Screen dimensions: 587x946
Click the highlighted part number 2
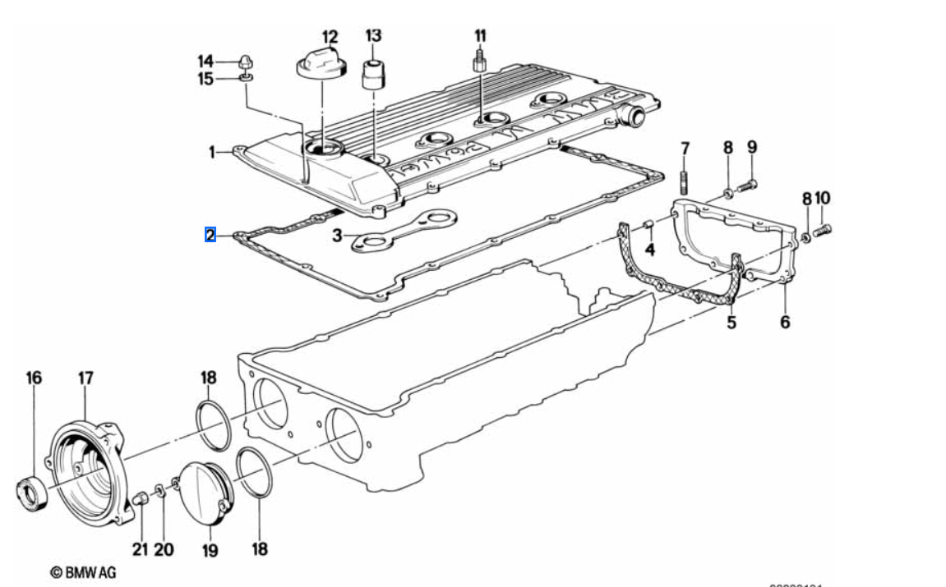tap(210, 236)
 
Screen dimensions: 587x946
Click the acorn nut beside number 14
tap(247, 61)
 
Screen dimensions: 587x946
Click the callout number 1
tap(212, 152)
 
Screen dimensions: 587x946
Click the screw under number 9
tap(745, 187)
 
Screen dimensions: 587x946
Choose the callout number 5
tap(731, 323)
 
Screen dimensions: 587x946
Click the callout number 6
tap(785, 323)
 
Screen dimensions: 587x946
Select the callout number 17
tap(85, 378)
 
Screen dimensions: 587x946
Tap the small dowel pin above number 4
tap(647, 225)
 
